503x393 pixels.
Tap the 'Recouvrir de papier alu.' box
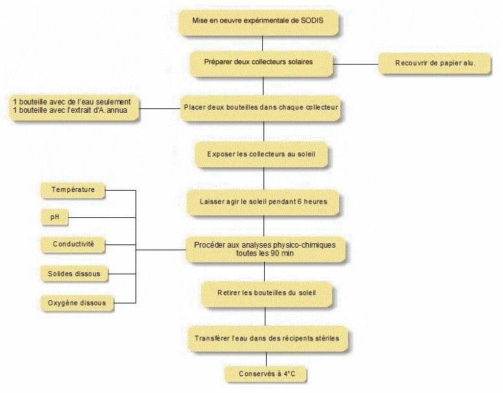pyautogui.click(x=434, y=63)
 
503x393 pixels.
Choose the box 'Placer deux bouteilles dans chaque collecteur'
pyautogui.click(x=261, y=106)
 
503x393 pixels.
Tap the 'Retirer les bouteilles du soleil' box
pyautogui.click(x=266, y=292)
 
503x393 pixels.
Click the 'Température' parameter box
pyautogui.click(x=72, y=190)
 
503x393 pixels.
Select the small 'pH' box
pyautogui.click(x=54, y=217)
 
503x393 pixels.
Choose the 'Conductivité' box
pyautogui.click(x=73, y=244)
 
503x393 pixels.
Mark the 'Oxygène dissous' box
pyautogui.click(x=77, y=302)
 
